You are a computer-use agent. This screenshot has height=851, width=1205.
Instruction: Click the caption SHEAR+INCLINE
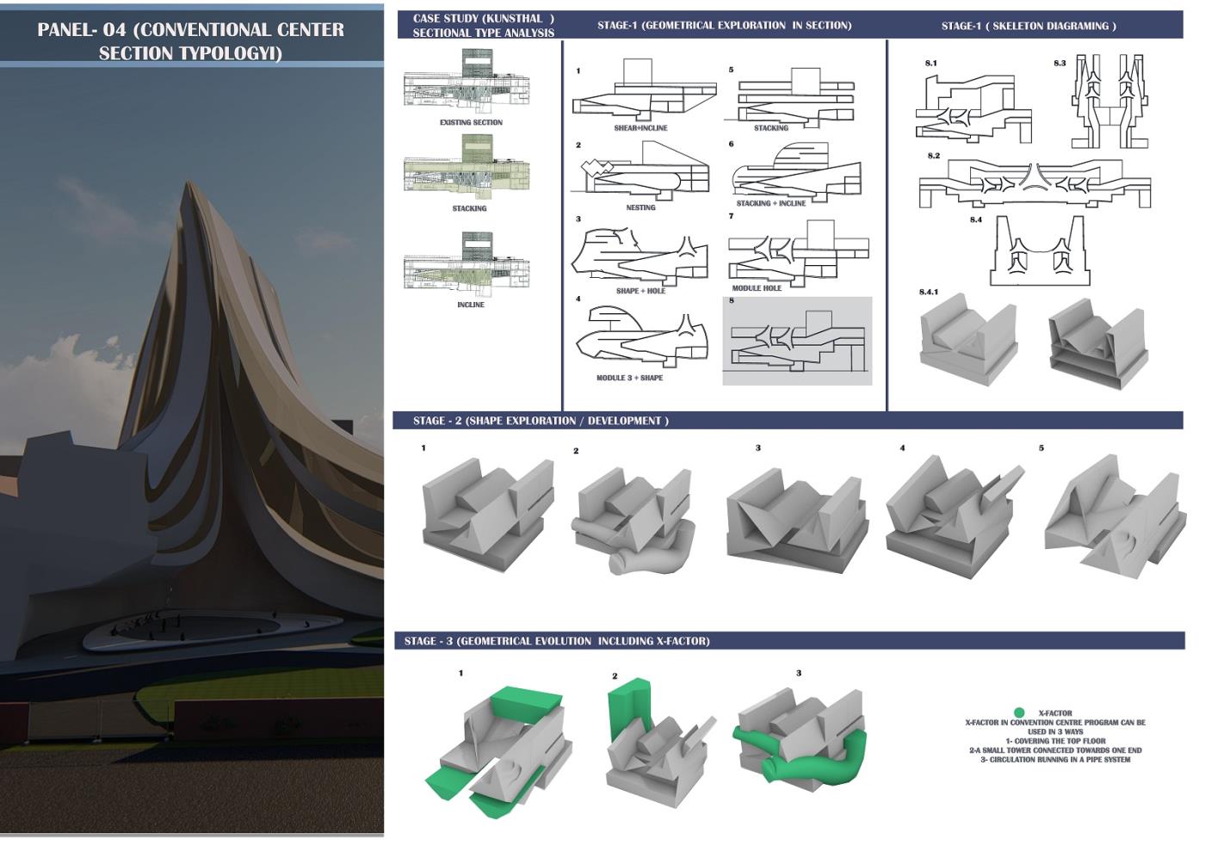[640, 128]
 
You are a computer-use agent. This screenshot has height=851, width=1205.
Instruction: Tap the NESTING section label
[640, 207]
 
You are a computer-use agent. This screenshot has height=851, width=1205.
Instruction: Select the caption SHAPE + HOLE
[640, 291]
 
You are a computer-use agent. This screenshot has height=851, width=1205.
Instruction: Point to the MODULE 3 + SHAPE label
[629, 378]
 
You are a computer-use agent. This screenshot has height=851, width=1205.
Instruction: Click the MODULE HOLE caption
[757, 287]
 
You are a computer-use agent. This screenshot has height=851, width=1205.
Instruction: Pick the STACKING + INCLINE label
[771, 203]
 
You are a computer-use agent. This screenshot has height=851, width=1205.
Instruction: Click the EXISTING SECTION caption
[471, 122]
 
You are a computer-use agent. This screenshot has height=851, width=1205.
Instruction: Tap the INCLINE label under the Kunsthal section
[471, 305]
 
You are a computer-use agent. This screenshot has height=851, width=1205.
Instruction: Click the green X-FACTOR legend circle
[1018, 712]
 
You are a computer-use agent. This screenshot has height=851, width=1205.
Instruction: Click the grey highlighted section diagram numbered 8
[797, 341]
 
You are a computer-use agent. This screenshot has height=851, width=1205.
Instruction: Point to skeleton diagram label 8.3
[1060, 63]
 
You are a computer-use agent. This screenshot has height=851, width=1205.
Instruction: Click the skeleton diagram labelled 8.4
[1040, 250]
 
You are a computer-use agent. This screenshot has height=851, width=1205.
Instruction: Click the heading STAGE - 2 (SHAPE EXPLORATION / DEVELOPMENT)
[541, 421]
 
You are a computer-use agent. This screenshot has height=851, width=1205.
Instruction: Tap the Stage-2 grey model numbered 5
[1115, 516]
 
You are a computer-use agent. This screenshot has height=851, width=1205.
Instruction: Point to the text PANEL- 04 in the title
[81, 29]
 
